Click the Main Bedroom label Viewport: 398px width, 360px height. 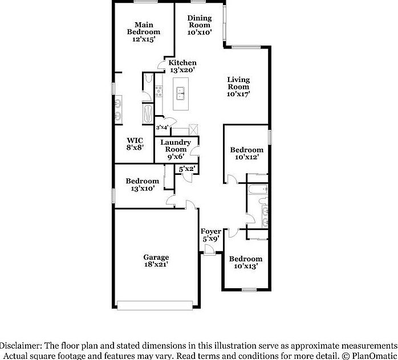coord(143,32)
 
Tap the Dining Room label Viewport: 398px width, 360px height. coord(200,25)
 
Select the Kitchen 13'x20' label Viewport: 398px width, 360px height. coord(182,66)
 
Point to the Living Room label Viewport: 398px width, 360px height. coord(238,87)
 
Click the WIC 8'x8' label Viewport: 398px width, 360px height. coord(135,143)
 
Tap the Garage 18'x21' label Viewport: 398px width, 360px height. coord(156,261)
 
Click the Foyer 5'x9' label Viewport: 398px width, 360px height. coord(211,235)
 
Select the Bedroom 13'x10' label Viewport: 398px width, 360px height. coord(142,185)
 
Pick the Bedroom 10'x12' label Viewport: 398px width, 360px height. coord(246,153)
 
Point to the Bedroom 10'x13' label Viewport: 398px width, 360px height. coord(246,262)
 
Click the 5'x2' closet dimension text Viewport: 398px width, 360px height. coord(188,169)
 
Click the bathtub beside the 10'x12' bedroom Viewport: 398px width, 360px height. coord(258,188)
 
